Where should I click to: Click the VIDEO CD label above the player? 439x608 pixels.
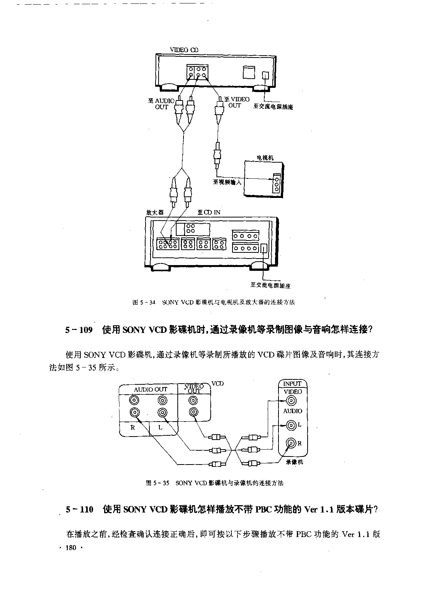pyautogui.click(x=184, y=49)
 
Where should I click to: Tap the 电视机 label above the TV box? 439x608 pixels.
pyautogui.click(x=265, y=158)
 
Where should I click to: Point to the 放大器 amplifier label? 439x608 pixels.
pyautogui.click(x=155, y=212)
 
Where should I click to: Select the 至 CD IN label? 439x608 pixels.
pyautogui.click(x=209, y=212)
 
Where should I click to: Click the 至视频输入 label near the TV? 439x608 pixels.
pyautogui.click(x=227, y=182)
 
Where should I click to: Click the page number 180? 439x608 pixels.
pyautogui.click(x=71, y=548)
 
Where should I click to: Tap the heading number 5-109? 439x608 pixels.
pyautogui.click(x=79, y=330)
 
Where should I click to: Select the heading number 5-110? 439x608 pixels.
pyautogui.click(x=79, y=509)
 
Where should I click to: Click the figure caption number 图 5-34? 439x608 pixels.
pyautogui.click(x=144, y=302)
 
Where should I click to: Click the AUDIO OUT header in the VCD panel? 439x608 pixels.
pyautogui.click(x=151, y=389)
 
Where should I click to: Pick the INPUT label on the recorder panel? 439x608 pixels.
pyautogui.click(x=292, y=384)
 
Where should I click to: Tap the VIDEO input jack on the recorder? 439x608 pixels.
pyautogui.click(x=291, y=400)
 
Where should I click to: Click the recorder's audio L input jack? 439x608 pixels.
pyautogui.click(x=291, y=425)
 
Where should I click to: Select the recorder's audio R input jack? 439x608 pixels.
pyautogui.click(x=291, y=443)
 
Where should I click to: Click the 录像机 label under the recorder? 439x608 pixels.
pyautogui.click(x=294, y=462)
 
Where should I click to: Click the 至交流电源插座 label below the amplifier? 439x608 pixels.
pyautogui.click(x=270, y=285)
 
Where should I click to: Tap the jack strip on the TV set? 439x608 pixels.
pyautogui.click(x=277, y=183)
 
